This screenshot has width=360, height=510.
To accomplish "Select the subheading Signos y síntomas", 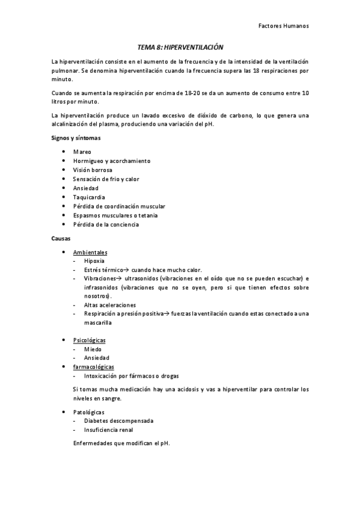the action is point(76,138).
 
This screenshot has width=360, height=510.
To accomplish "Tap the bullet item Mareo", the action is point(82,152).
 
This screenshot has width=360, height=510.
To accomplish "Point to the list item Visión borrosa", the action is point(93,170).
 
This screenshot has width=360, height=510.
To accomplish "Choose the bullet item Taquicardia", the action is point(89,197).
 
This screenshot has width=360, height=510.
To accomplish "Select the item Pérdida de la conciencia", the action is point(106,224).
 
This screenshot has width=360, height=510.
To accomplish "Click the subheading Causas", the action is point(61,239).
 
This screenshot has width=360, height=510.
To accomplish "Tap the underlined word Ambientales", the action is point(90,252).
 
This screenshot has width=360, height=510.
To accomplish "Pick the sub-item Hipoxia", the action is point(94,261).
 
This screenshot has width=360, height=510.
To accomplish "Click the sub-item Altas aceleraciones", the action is point(110,305).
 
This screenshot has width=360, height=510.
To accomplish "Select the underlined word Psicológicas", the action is point(89,340).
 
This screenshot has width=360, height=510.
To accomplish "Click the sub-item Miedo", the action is point(93,349).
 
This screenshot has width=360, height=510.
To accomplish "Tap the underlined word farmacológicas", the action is point(93,367).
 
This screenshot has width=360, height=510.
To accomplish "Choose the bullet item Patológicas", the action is point(88,412).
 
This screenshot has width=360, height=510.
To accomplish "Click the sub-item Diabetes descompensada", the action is point(118,421).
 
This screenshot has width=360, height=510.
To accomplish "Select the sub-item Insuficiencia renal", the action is point(109,430).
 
